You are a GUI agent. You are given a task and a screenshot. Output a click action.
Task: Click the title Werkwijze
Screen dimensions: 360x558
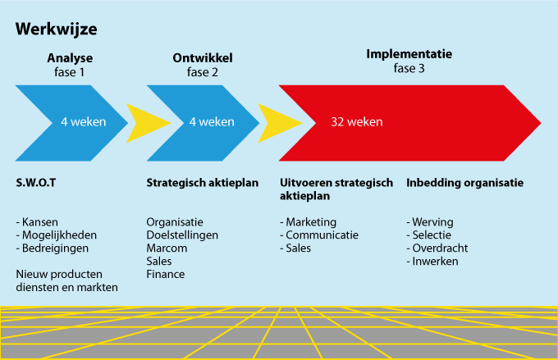(x=57, y=29)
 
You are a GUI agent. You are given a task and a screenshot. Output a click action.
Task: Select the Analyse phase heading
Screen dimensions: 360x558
(x=70, y=57)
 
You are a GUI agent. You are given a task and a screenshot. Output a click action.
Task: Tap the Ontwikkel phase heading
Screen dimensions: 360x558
(x=203, y=57)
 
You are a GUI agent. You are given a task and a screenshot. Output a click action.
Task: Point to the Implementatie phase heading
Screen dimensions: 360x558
(x=409, y=54)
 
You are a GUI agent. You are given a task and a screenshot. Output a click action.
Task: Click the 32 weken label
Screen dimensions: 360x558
(x=357, y=121)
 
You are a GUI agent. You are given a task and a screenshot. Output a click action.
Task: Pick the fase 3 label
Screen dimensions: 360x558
(x=409, y=69)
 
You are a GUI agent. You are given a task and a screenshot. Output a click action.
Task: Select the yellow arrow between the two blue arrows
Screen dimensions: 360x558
(x=149, y=121)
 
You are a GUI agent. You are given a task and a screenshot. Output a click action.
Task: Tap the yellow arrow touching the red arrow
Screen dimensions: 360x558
(x=279, y=121)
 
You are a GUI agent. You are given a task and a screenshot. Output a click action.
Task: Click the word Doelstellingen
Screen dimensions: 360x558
(x=182, y=235)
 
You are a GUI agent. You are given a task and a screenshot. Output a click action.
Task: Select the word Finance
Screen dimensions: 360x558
(x=166, y=274)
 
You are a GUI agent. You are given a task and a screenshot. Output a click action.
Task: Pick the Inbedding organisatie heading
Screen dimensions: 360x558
(x=464, y=183)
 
